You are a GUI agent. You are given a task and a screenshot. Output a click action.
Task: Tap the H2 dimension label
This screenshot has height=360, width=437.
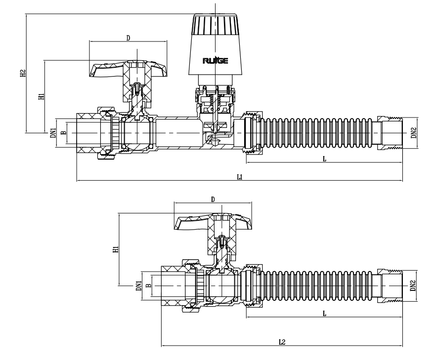coord(23,74)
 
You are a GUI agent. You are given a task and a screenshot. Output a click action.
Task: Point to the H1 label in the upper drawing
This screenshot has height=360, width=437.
coord(42,94)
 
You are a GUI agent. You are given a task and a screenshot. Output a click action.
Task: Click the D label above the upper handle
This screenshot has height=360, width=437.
coord(128,38)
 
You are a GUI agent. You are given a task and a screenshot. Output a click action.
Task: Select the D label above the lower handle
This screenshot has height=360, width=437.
coord(213,199)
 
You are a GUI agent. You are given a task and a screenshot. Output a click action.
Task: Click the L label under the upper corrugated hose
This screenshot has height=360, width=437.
coord(324,159)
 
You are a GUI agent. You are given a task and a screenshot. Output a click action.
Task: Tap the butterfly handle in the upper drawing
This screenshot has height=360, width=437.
coord(128,69)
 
